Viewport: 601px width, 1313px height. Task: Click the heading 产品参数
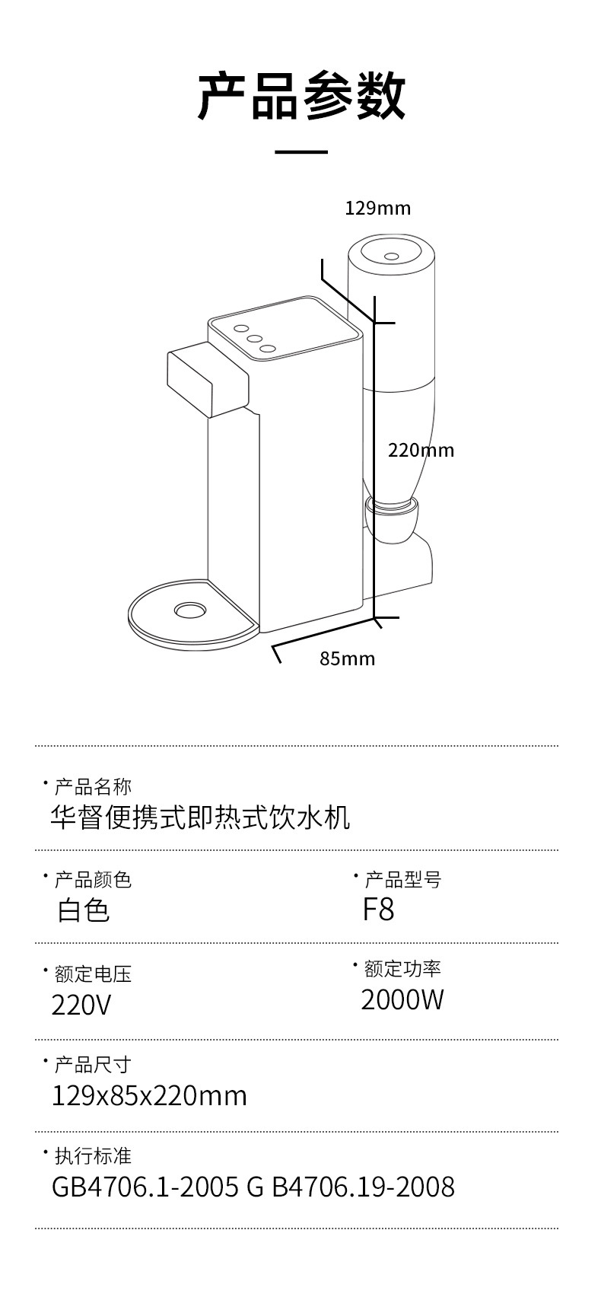pos(301,97)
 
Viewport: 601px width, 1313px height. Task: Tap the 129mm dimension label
pos(377,208)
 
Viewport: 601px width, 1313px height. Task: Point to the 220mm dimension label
pos(421,450)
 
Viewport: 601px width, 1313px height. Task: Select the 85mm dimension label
pos(347,658)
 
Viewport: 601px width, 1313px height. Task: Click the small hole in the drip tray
pos(189,610)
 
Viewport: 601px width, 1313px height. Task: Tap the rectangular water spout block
pos(207,376)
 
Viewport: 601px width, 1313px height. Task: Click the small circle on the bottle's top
pos(392,256)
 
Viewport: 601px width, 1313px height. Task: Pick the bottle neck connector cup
pos(393,518)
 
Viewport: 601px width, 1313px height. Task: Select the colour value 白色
pos(84,910)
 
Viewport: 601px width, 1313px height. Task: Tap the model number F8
pos(378,909)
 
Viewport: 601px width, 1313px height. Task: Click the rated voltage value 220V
pos(81,1005)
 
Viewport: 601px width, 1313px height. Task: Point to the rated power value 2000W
pos(402,999)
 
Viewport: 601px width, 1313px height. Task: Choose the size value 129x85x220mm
pos(149,1095)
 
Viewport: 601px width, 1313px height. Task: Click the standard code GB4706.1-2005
pos(145,1187)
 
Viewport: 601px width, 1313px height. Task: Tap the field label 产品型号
pos(402,880)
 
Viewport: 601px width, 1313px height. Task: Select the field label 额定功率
pos(402,968)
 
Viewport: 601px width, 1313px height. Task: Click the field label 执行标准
pos(93,1155)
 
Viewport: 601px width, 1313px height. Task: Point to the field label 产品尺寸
pos(93,1064)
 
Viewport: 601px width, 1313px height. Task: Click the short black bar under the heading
pos(300,152)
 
